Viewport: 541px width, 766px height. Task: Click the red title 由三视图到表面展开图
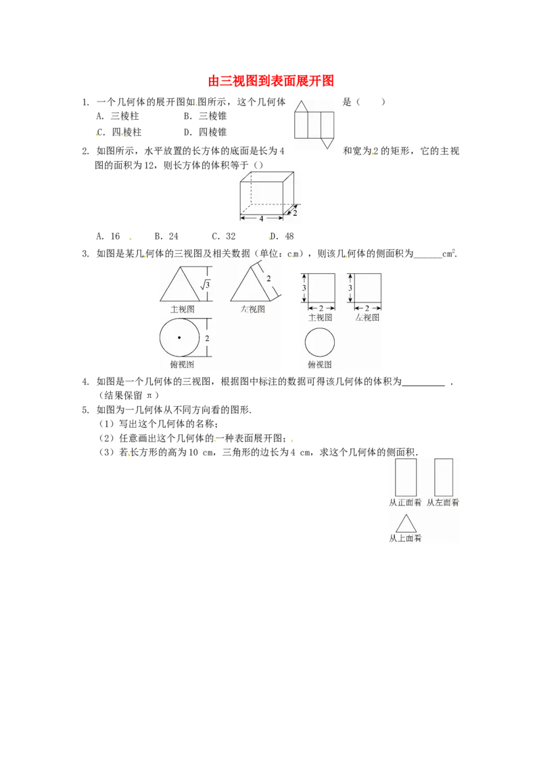271,81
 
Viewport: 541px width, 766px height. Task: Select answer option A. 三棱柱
118,116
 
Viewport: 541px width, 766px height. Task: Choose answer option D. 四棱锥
205,132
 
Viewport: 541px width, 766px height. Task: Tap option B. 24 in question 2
166,236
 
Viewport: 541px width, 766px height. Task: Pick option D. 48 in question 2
282,236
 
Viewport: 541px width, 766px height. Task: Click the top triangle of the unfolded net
301,106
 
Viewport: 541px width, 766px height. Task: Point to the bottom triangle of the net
327,143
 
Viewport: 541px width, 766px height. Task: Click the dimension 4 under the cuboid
261,219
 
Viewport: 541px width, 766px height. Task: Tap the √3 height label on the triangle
205,284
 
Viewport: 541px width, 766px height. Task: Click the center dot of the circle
179,338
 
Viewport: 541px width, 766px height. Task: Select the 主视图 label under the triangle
183,309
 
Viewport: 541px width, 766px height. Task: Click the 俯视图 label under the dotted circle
182,365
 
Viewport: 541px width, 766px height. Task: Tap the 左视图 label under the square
367,317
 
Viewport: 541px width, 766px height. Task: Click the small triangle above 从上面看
406,524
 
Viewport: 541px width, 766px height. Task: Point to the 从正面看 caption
405,502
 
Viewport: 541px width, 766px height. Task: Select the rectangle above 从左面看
444,477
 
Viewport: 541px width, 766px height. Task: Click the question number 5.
85,410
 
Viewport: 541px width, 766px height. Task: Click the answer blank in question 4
423,386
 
